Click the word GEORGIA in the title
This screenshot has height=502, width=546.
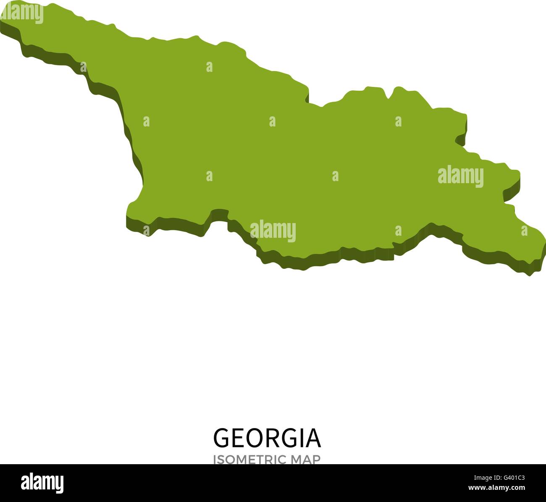point(267,439)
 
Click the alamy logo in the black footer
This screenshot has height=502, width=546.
point(42,483)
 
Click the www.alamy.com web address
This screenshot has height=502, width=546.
point(497,488)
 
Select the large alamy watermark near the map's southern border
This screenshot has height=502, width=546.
point(273,230)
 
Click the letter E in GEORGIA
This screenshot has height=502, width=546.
point(239,439)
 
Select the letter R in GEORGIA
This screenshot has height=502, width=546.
point(273,439)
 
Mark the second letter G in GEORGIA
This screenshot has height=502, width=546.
point(291,439)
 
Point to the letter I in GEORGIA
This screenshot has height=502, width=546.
point(303,439)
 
